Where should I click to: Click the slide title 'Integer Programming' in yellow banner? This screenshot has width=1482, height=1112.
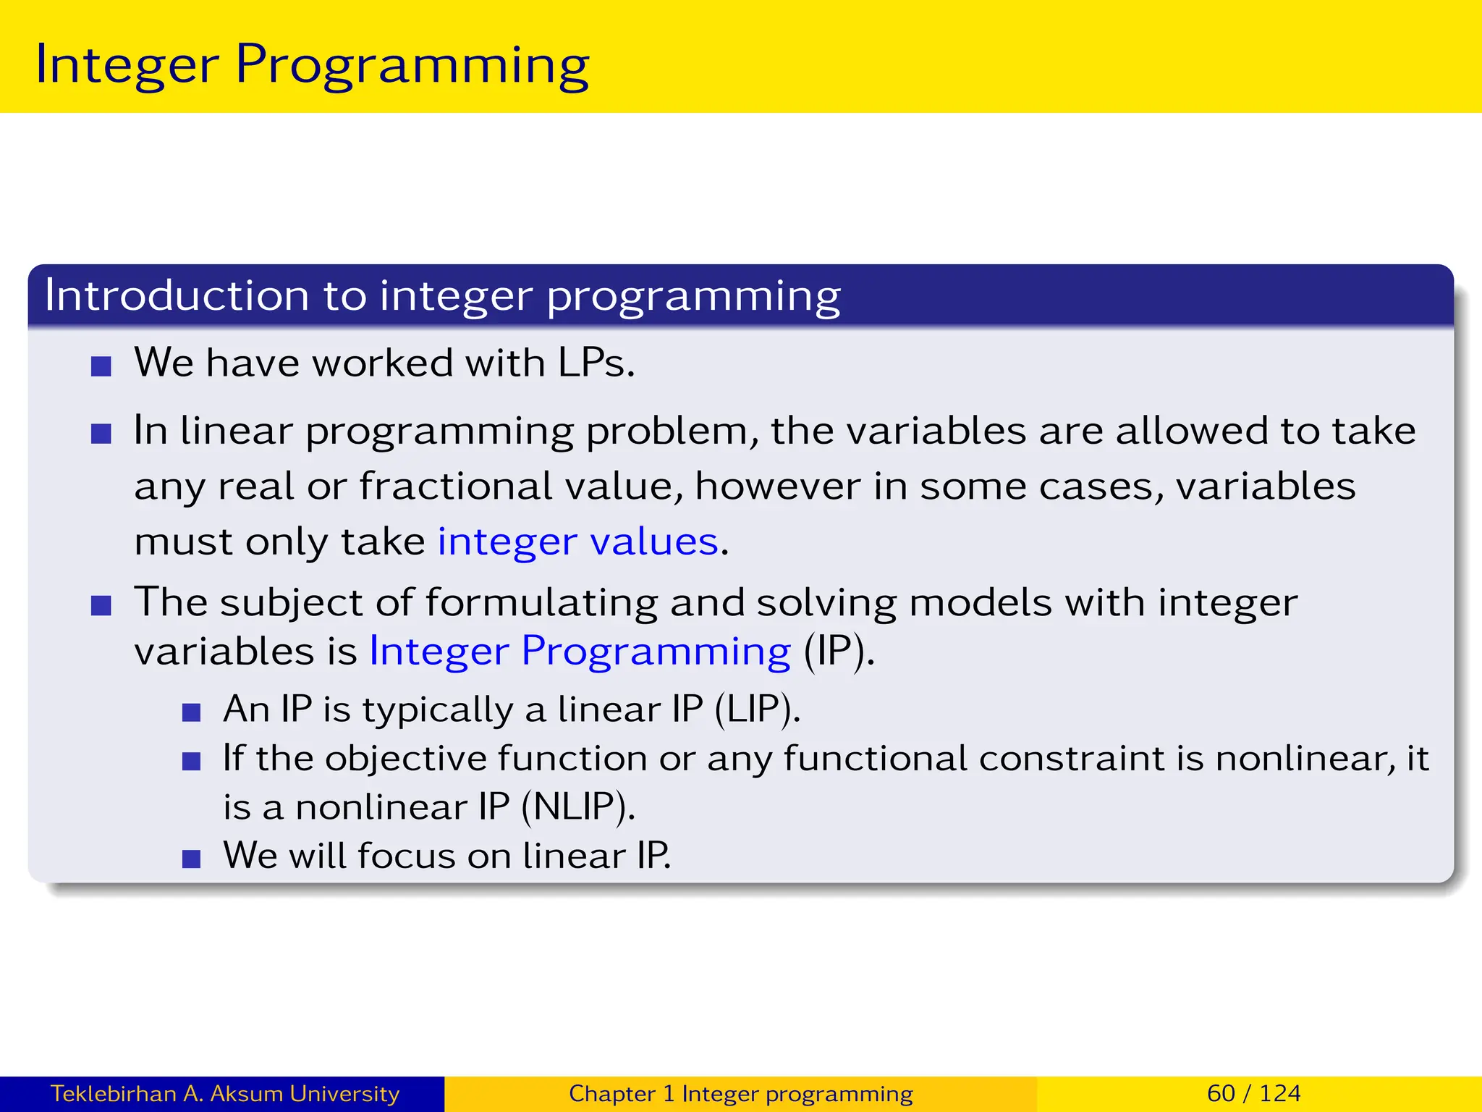(x=312, y=65)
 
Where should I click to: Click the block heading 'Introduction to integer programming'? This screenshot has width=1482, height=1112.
(x=442, y=295)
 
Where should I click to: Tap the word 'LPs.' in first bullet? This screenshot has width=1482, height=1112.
(x=596, y=363)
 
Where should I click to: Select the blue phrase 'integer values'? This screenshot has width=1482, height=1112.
(x=578, y=542)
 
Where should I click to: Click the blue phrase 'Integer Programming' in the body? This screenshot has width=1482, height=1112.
(x=580, y=651)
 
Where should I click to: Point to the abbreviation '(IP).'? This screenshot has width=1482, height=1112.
(x=839, y=651)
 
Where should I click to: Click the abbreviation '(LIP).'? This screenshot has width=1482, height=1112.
(x=757, y=709)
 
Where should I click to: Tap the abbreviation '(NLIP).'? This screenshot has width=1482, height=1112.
(x=577, y=806)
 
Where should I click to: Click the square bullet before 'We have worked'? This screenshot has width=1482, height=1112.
(x=101, y=366)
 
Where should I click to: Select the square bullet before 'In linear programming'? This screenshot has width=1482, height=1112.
(x=101, y=434)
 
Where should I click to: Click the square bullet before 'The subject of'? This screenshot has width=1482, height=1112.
(x=101, y=605)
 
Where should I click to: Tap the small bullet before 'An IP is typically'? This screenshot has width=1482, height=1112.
(x=191, y=713)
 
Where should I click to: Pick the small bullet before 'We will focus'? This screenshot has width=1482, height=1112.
(x=191, y=859)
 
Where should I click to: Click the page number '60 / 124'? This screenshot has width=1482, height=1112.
(x=1253, y=1093)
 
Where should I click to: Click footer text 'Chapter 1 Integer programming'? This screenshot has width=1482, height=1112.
(x=740, y=1093)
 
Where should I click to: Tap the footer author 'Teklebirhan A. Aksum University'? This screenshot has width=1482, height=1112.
(x=224, y=1093)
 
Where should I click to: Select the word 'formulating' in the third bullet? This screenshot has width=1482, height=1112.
(x=541, y=602)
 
